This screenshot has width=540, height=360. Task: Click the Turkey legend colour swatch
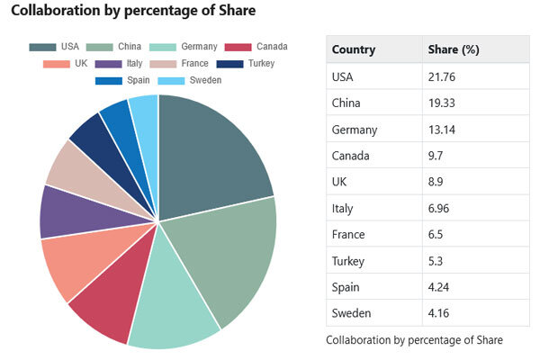231,64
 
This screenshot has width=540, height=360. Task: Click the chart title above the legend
132,11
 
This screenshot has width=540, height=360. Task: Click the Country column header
354,49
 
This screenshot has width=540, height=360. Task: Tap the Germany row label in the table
355,129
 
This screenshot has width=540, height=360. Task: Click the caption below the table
414,340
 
